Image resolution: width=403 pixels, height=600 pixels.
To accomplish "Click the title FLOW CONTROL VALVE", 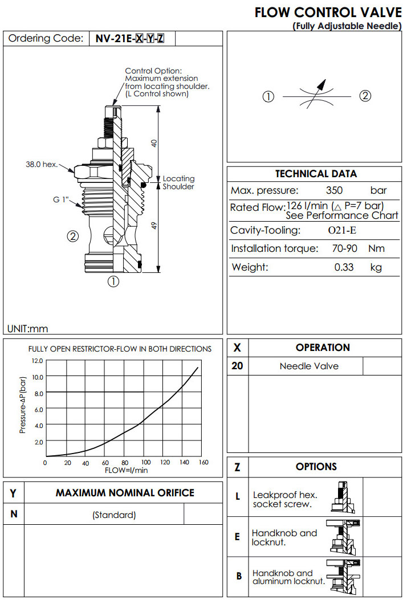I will click(327, 13).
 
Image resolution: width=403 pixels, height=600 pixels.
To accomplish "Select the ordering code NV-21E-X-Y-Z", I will click(131, 39).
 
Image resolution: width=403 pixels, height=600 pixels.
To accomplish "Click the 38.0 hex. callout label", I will click(42, 165).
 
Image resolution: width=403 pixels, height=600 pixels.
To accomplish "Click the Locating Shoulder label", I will click(178, 183).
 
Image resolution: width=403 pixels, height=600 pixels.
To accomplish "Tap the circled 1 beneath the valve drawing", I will click(113, 281).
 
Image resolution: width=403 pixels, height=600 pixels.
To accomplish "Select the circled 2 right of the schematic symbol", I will click(365, 96).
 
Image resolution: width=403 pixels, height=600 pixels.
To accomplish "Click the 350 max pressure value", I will click(335, 190).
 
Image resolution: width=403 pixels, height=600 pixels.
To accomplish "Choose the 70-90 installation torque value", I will click(344, 248).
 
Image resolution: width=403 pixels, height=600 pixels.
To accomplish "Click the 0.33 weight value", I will click(344, 267).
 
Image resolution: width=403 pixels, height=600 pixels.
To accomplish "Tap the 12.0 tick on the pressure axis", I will click(37, 361).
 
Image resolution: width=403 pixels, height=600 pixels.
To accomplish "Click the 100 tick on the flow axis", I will click(146, 462).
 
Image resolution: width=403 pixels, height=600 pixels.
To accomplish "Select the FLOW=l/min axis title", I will click(126, 470).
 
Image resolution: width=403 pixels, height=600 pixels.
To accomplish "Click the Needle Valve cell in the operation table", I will click(308, 366).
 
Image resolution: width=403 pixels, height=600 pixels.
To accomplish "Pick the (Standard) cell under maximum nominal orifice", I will click(114, 515).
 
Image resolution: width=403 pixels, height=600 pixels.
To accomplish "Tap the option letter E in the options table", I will click(237, 537).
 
